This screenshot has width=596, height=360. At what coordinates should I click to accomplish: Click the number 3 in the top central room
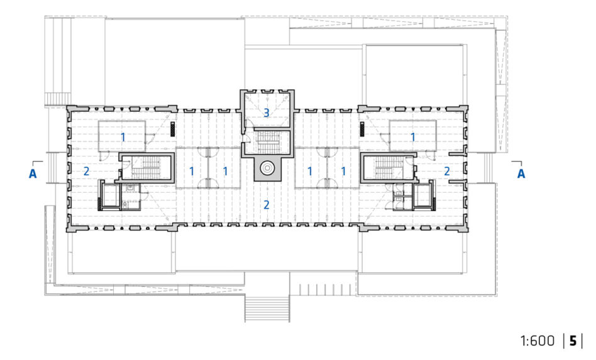[x=267, y=113]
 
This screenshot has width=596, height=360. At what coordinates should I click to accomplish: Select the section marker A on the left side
[x=33, y=173]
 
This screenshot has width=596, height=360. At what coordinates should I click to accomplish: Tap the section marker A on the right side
[x=521, y=173]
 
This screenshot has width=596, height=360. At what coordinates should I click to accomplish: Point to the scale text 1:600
[x=538, y=341]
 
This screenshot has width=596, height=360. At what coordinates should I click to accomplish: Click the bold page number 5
[x=573, y=341]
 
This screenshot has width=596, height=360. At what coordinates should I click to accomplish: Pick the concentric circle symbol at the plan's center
[x=268, y=168]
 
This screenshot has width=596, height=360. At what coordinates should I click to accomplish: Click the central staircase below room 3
[x=268, y=142]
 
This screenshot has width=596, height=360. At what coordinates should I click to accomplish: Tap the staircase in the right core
[x=390, y=167]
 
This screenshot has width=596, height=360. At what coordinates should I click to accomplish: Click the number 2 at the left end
[x=86, y=172]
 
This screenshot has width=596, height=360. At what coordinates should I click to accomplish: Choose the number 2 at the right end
[x=447, y=172]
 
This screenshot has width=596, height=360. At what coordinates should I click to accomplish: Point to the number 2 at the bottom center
[x=267, y=205]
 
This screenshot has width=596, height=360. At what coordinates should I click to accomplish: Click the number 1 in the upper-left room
[x=123, y=137]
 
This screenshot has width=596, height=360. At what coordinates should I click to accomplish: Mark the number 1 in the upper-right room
[x=413, y=137]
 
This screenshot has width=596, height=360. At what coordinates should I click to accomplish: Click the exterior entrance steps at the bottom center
[x=267, y=308]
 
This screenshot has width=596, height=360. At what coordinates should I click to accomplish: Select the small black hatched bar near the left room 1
[x=172, y=129]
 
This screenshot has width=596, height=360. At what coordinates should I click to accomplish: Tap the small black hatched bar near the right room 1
[x=362, y=129]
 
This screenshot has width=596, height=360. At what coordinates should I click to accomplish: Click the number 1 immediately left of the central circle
[x=226, y=172]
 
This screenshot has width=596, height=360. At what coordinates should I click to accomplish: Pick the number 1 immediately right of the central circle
[x=310, y=172]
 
